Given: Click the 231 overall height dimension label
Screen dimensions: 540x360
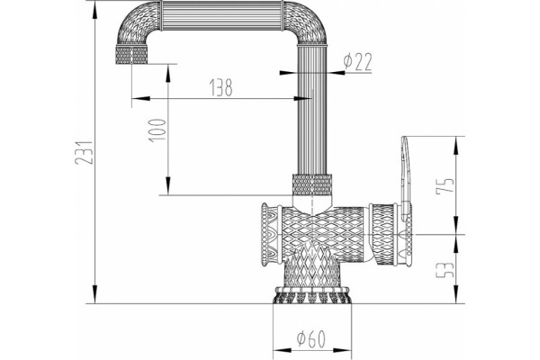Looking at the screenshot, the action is (84, 152).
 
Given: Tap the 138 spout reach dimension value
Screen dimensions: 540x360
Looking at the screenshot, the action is (221, 87).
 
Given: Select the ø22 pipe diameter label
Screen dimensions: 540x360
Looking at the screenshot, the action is (358, 62).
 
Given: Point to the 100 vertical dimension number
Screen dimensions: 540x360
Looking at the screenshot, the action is (157, 130).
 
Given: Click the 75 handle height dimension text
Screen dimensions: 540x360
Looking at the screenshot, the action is (445, 186).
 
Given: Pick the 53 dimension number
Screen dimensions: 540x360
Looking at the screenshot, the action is (445, 270).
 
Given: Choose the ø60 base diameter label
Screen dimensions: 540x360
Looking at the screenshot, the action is (311, 339).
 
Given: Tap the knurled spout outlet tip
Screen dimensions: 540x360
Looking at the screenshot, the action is (131, 55).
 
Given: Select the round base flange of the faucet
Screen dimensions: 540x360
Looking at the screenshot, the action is (312, 295).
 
